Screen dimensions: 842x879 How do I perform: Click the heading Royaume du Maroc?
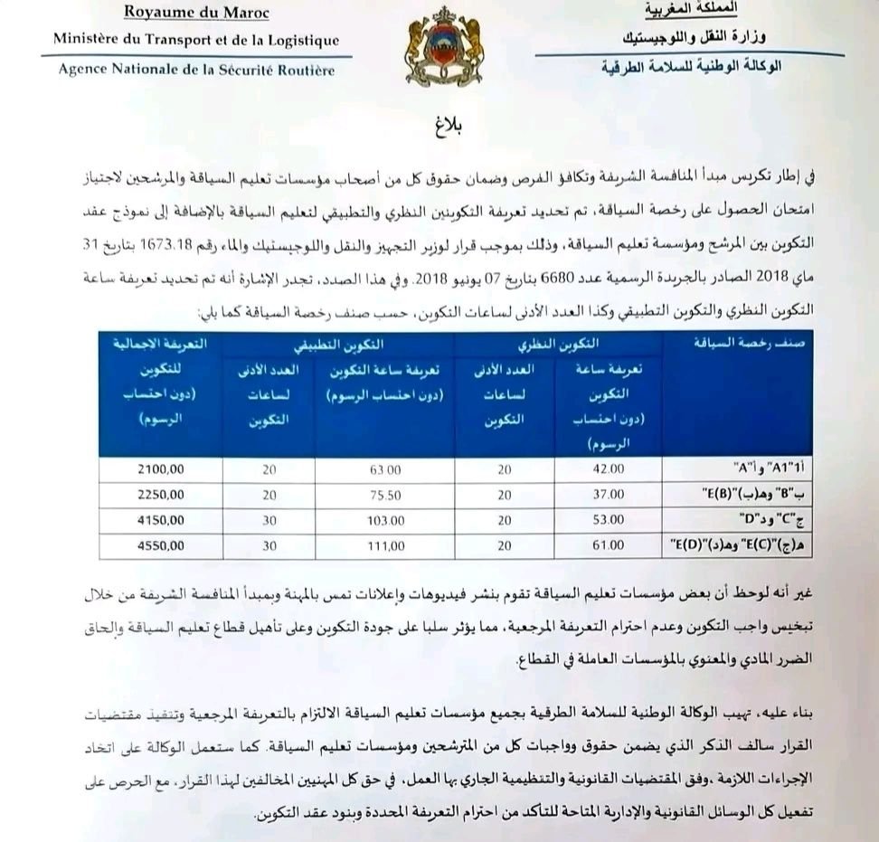pos(195,12)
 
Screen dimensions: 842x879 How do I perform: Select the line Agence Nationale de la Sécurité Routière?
pos(196,70)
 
